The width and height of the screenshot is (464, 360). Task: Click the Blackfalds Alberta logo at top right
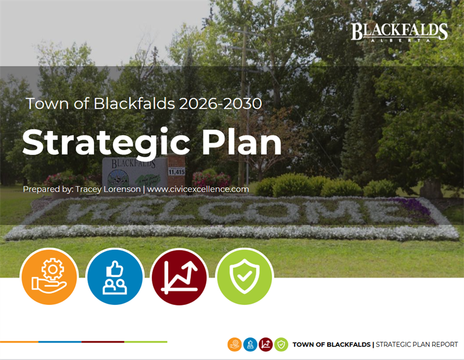399,32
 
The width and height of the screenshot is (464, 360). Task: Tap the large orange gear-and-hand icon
49,277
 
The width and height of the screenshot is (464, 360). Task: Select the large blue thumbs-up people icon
114,277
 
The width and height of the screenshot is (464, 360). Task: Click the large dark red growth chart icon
179,277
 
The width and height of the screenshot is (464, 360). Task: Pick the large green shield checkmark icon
244,277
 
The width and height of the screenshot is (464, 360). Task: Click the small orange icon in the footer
234,344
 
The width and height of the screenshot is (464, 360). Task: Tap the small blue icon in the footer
250,344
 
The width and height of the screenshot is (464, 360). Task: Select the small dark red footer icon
266,344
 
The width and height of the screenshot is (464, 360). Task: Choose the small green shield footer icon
281,344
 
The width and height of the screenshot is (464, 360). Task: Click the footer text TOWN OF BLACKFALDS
331,344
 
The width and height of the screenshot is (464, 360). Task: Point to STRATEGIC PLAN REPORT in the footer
417,344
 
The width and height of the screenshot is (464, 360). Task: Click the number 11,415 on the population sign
176,172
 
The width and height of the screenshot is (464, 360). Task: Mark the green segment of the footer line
146,341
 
